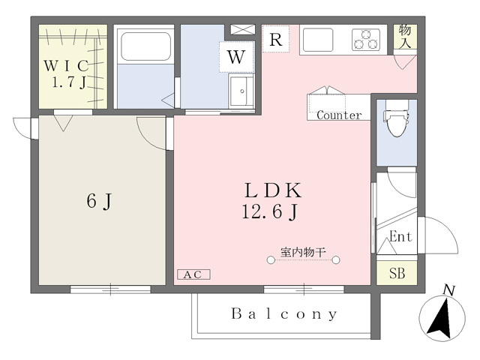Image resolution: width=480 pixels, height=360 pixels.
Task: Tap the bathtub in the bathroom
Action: pos(145,46)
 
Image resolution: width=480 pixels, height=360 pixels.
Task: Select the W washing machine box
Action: pos(237,57)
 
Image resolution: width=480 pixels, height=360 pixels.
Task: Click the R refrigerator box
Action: pos(276,39)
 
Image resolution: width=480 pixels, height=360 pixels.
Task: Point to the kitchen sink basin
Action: pos(318,40)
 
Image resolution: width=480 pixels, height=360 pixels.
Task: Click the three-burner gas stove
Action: pos(366,39)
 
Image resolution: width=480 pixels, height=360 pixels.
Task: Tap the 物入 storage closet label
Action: pos(405,36)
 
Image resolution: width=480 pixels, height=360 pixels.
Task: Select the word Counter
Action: pos(339,115)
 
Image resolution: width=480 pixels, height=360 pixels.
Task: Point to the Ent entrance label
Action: pos(400,237)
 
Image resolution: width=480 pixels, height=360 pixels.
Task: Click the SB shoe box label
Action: pos(397,273)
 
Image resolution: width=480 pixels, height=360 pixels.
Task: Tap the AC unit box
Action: pos(193,274)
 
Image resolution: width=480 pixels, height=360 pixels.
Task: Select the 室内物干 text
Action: pos(303,253)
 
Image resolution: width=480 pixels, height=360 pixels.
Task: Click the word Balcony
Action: pos(284,313)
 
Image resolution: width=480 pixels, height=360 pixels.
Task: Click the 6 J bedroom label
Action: pos(99,202)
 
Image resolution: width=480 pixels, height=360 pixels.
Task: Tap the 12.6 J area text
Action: pos(270,211)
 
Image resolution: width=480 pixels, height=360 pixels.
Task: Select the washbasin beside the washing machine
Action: pos(241,91)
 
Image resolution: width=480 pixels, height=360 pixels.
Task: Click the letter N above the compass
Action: pos(449,290)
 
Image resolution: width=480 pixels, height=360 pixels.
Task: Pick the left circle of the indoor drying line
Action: pos(271,260)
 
